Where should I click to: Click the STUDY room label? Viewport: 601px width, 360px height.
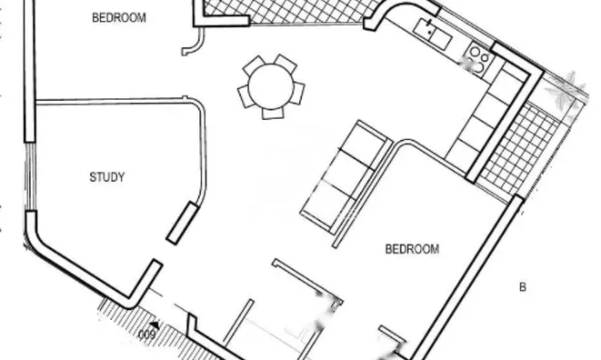coord(107,177)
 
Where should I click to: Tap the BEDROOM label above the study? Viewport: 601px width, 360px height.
coord(119,17)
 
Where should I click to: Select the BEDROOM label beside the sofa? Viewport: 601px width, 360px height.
coord(412,248)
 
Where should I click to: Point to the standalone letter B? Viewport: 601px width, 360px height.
coord(522,287)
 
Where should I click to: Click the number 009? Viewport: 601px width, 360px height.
coord(145,335)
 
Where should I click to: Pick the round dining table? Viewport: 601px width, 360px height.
coord(270,86)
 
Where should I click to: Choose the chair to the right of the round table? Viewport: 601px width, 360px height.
coord(298,93)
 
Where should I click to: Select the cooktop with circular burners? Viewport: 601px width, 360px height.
coord(477,62)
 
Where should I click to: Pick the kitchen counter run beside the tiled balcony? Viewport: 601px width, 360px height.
coord(491,114)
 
